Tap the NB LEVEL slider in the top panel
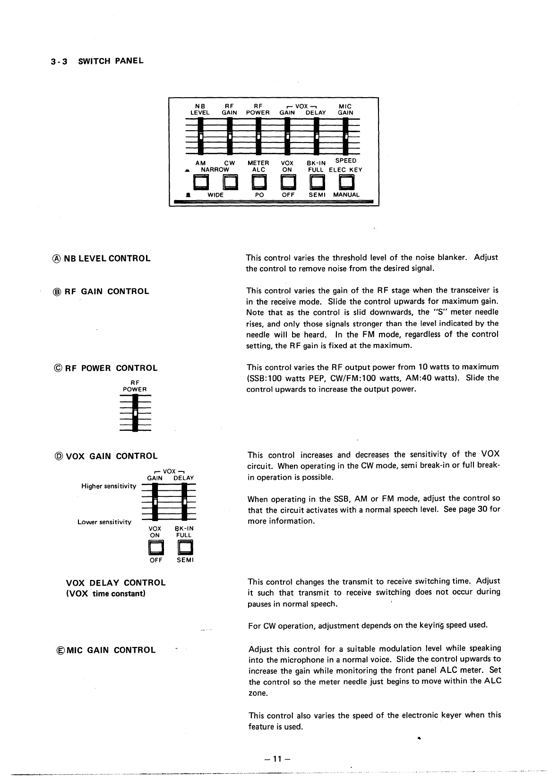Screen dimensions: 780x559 (x=200, y=136)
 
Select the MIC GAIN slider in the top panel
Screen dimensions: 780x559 (x=345, y=136)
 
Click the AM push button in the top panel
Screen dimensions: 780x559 (x=200, y=182)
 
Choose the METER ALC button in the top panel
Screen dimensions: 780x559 (x=258, y=182)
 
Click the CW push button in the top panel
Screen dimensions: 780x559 (x=229, y=182)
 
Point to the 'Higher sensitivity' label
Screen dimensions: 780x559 (x=109, y=486)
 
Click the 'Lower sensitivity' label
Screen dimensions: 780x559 (x=104, y=522)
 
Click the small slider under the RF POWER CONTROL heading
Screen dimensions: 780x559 (x=135, y=413)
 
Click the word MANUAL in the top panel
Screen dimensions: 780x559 (x=346, y=195)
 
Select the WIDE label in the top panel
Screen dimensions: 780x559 (x=216, y=195)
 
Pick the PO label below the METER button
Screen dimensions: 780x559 (x=259, y=195)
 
